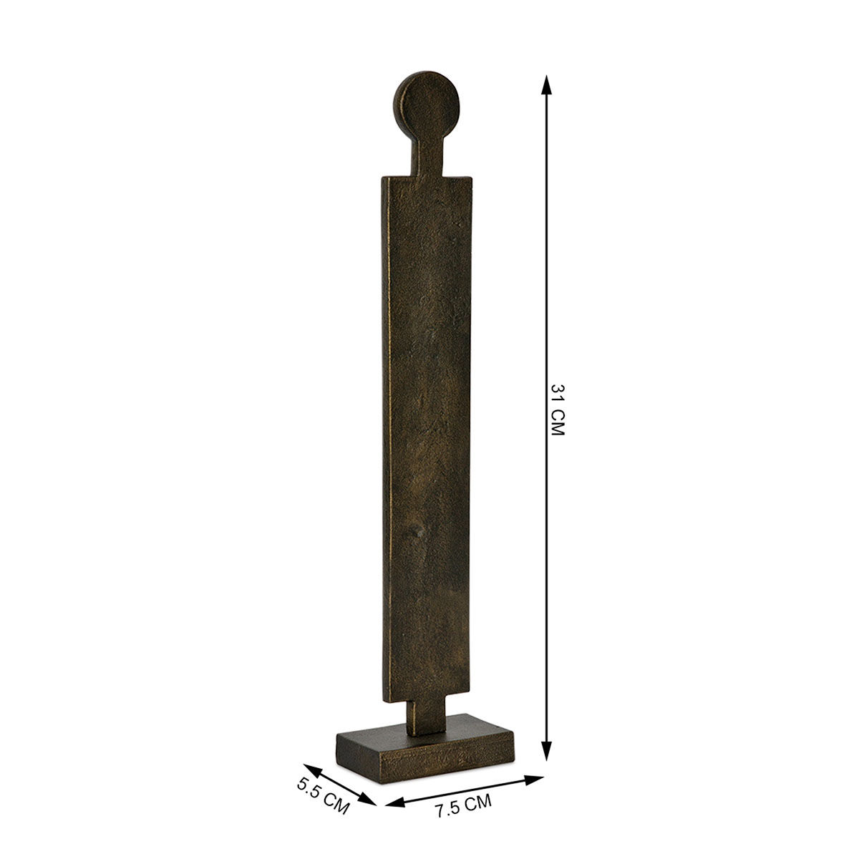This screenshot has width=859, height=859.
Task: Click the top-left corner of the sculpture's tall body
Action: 384,177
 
